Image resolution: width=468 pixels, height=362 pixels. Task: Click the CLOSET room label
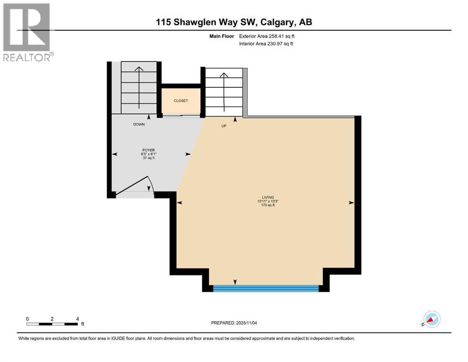tap(181, 101)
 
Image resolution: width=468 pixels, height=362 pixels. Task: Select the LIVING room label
tap(268, 197)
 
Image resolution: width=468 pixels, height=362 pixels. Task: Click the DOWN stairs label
tap(139, 124)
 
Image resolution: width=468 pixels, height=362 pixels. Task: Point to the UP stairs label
tap(224, 126)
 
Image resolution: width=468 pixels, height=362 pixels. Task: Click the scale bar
tap(52, 324)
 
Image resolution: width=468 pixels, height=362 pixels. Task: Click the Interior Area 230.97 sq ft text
tap(267, 44)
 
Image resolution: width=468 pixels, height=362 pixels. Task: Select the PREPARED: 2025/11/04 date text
tap(235, 323)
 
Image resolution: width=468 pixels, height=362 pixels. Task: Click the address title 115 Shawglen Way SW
tap(235, 22)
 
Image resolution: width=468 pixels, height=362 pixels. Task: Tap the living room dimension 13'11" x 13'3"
tap(268, 202)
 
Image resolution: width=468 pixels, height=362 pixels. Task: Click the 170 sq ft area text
tap(268, 206)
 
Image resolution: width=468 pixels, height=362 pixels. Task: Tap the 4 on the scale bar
tap(77, 319)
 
